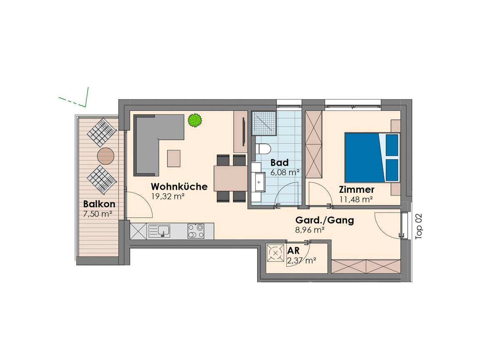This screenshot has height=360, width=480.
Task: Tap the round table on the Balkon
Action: (x=105, y=156)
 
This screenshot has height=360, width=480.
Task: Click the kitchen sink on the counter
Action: (x=159, y=231)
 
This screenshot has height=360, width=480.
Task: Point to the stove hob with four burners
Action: (x=196, y=231)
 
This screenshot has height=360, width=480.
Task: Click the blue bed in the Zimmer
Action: (x=372, y=157)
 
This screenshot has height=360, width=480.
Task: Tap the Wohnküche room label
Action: (x=179, y=186)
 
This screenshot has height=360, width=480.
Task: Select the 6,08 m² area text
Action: (x=285, y=172)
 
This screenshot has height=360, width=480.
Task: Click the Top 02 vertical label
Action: (x=418, y=226)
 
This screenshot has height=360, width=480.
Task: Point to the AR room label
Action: (x=293, y=251)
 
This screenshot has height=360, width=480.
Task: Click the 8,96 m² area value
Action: (x=310, y=230)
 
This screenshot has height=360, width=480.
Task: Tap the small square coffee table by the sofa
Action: (x=174, y=158)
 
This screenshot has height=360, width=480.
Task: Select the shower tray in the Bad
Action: (x=264, y=123)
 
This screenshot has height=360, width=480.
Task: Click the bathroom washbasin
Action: (x=259, y=182)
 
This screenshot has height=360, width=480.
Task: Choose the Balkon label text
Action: (x=99, y=204)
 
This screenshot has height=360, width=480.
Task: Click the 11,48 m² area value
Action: (x=356, y=200)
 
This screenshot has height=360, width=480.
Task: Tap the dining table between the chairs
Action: (x=230, y=178)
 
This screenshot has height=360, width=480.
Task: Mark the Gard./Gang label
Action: (x=325, y=220)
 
